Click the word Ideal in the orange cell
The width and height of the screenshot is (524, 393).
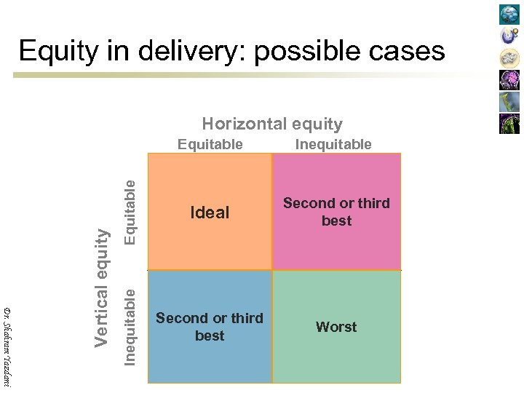click(x=210, y=213)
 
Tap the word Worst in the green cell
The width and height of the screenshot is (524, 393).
click(x=336, y=327)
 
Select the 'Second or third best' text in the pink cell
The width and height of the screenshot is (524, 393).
click(x=336, y=212)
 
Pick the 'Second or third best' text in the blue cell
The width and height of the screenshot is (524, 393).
click(x=210, y=327)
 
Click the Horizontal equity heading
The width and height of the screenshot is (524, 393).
click(x=272, y=124)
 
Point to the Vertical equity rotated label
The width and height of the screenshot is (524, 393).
click(x=103, y=287)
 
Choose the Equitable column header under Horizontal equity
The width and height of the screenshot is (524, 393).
click(x=210, y=144)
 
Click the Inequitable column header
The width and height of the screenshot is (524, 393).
click(x=333, y=144)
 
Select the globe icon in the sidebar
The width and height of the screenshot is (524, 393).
click(x=509, y=15)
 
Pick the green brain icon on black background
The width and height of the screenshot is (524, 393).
click(x=509, y=124)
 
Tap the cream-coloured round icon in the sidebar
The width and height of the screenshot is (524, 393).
click(x=509, y=58)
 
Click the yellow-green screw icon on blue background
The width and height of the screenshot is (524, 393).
click(x=509, y=102)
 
